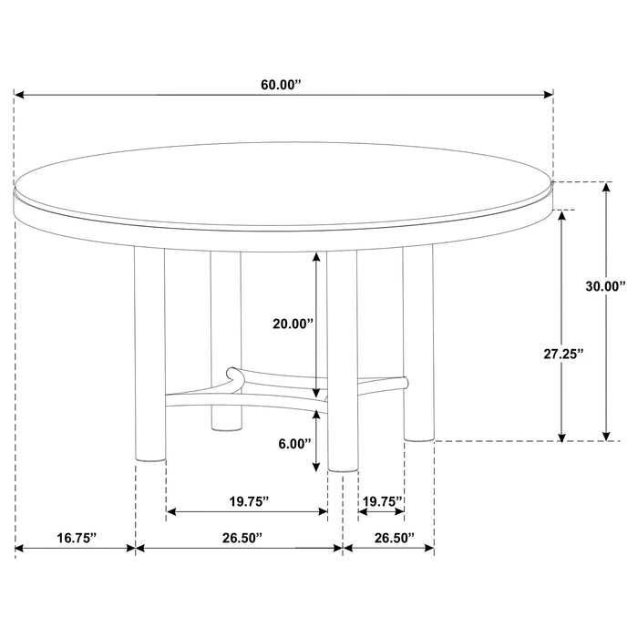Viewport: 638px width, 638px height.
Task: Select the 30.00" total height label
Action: pyautogui.click(x=605, y=286)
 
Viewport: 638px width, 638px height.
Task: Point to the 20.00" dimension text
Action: pyautogui.click(x=293, y=323)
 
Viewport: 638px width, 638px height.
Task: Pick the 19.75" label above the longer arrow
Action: pyautogui.click(x=246, y=500)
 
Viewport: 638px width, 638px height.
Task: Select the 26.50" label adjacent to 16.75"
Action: pyautogui.click(x=239, y=539)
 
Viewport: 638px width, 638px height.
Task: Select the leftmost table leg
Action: pyautogui.click(x=150, y=355)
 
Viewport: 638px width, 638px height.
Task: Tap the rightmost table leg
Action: pyautogui.click(x=418, y=346)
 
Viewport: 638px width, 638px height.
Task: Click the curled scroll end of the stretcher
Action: pyautogui.click(x=234, y=373)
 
